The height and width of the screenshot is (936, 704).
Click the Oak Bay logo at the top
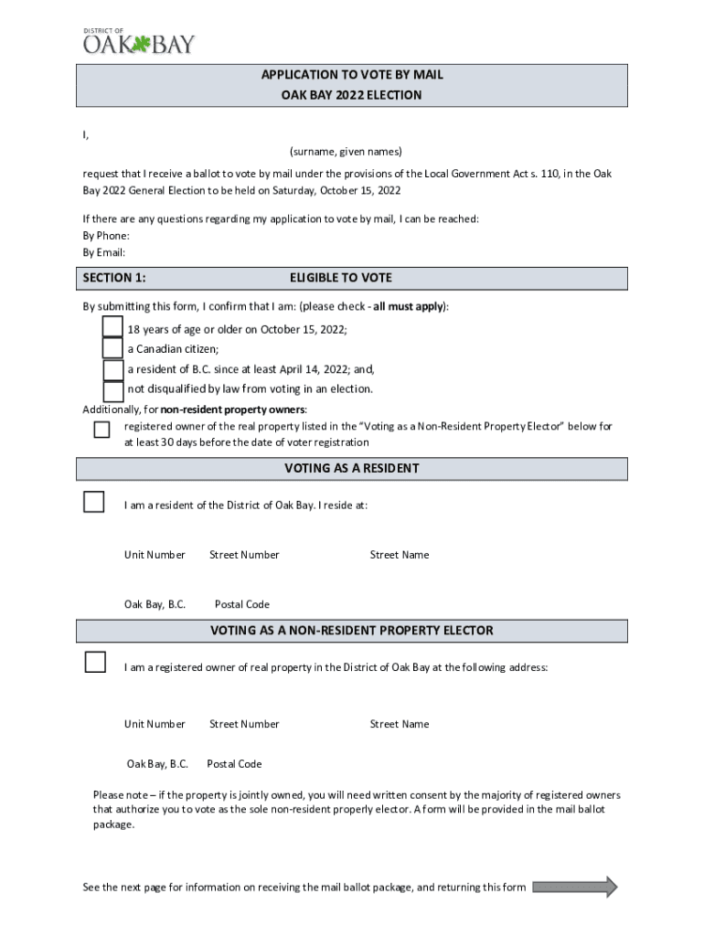(139, 41)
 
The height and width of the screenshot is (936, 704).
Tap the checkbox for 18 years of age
(112, 327)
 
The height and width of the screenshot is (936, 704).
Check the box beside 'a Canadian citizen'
(112, 348)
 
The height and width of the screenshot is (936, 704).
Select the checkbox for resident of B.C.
(112, 369)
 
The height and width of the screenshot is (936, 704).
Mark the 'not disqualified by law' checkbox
(112, 390)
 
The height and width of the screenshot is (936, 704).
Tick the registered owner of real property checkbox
(101, 430)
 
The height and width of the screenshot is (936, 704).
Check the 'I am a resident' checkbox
(94, 502)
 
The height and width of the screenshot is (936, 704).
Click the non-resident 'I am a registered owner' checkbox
(95, 663)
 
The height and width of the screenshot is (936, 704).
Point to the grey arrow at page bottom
(574, 887)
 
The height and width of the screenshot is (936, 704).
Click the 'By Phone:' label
(106, 236)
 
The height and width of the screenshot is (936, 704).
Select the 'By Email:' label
(104, 252)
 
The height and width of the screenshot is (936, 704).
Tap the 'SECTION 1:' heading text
(114, 278)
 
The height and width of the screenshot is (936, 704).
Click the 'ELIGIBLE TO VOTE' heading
(341, 278)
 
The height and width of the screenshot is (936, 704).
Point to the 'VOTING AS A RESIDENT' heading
(352, 469)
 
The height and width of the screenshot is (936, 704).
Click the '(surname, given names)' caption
(346, 151)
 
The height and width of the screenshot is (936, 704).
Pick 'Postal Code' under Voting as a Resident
(241, 604)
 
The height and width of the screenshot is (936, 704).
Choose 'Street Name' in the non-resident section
(399, 724)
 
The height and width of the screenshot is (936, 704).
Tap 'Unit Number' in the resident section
(155, 555)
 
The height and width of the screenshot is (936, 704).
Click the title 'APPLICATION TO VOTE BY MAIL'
(352, 74)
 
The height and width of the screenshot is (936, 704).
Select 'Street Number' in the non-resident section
(244, 724)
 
